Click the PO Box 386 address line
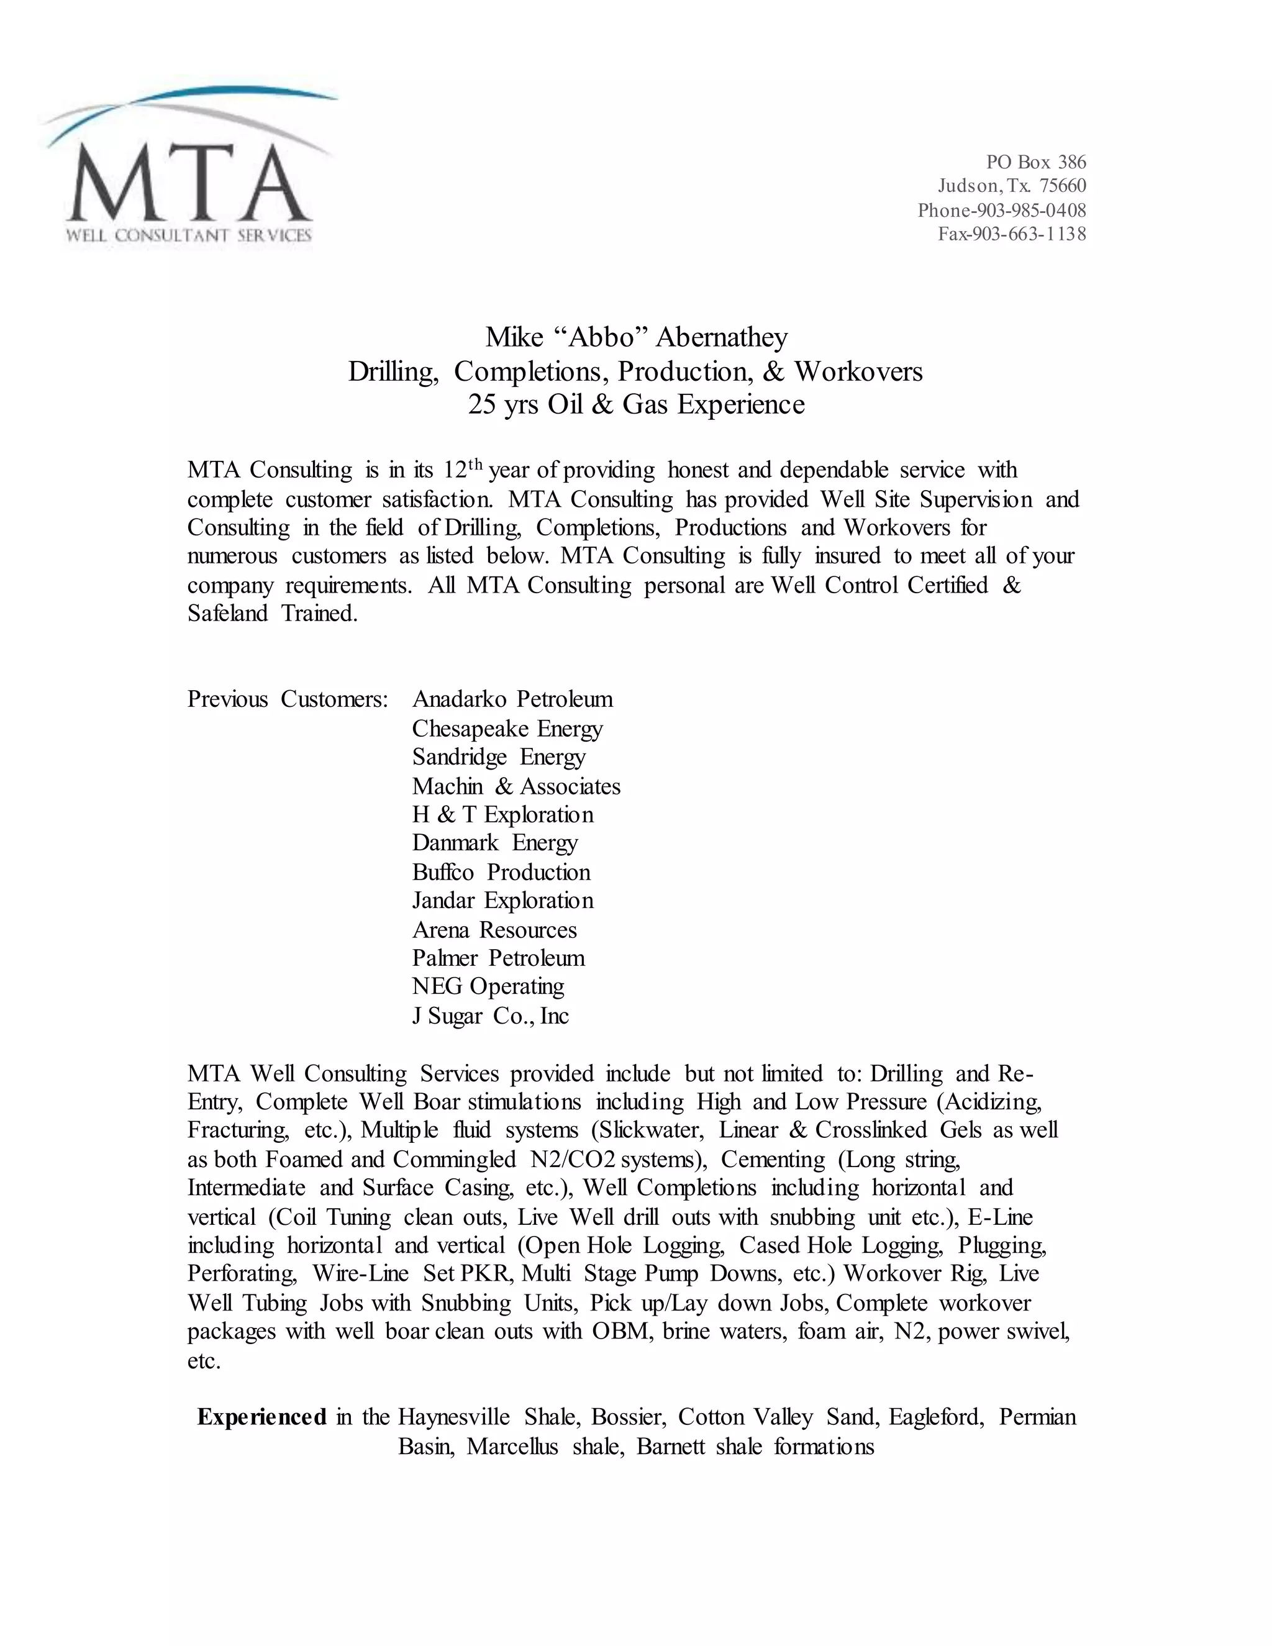[1035, 162]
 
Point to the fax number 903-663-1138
[1029, 234]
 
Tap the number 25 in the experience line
[481, 405]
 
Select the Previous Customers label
[287, 699]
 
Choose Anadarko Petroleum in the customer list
[512, 699]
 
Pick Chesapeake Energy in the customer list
[507, 729]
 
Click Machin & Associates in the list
[516, 787]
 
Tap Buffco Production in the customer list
[501, 873]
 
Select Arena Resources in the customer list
[494, 930]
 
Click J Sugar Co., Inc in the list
[490, 1016]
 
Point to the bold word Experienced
[261, 1417]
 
